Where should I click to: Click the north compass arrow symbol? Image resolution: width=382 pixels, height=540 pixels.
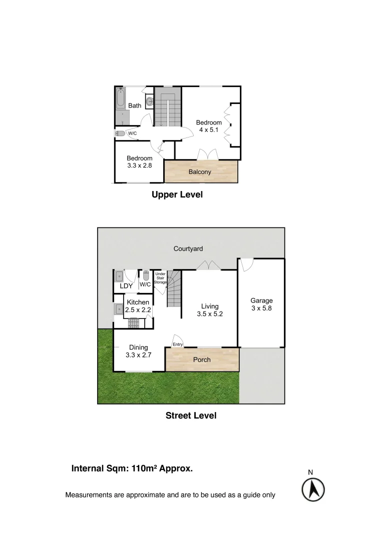pyautogui.click(x=313, y=489)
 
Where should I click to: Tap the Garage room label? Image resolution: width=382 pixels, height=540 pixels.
pyautogui.click(x=261, y=304)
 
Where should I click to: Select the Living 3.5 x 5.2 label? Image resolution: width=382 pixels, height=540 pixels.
pyautogui.click(x=210, y=310)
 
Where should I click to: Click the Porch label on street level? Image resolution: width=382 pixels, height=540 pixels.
pyautogui.click(x=202, y=359)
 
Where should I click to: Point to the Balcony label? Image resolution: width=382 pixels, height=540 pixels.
pyautogui.click(x=200, y=172)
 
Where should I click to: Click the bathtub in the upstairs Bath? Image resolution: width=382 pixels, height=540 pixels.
pyautogui.click(x=120, y=99)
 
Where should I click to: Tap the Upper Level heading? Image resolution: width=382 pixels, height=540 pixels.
pyautogui.click(x=177, y=195)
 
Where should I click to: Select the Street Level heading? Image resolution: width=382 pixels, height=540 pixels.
pyautogui.click(x=191, y=415)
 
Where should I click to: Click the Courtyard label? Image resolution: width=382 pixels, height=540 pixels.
pyautogui.click(x=188, y=248)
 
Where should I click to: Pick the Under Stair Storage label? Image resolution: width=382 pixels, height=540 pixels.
pyautogui.click(x=160, y=278)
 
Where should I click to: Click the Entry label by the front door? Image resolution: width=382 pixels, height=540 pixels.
pyautogui.click(x=178, y=344)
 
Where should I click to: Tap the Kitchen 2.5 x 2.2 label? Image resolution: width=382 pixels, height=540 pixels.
pyautogui.click(x=138, y=306)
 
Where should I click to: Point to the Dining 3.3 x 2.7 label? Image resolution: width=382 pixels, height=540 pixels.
pyautogui.click(x=138, y=351)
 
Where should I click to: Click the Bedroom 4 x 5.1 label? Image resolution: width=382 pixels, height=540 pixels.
pyautogui.click(x=209, y=126)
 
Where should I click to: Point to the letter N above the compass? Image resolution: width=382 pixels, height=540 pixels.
pyautogui.click(x=310, y=472)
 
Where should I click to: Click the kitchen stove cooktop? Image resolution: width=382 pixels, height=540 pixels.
pyautogui.click(x=133, y=323)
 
